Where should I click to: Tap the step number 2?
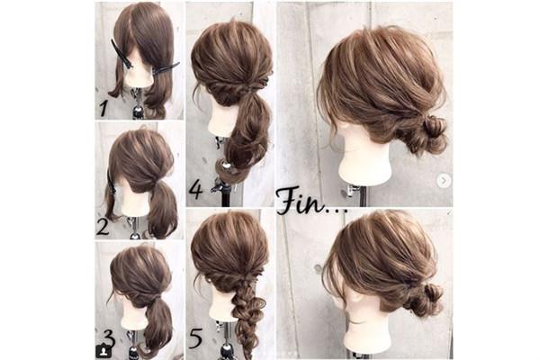103,227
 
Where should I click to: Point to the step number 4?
196,190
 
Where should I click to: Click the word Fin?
301,200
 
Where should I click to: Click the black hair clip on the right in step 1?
166,67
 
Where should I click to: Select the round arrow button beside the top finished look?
444,180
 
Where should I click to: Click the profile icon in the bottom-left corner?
103,351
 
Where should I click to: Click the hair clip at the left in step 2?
111,182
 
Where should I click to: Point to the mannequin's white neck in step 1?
140,76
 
